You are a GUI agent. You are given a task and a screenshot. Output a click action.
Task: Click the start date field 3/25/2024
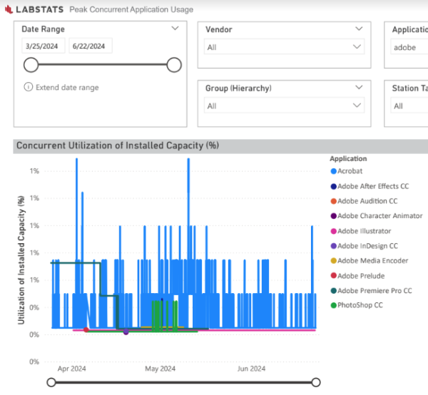44,46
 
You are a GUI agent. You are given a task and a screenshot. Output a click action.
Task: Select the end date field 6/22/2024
91,46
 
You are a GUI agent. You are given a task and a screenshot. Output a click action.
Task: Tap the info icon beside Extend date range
29,88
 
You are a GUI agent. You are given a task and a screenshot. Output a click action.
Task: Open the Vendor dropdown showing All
284,47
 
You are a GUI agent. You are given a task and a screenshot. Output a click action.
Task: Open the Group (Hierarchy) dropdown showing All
284,106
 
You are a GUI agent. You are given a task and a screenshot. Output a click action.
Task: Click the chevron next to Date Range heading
175,29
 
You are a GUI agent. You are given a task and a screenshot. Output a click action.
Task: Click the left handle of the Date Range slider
31,66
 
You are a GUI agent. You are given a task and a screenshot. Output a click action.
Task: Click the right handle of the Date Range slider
173,66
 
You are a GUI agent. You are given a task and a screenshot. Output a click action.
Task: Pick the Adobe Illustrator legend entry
364,231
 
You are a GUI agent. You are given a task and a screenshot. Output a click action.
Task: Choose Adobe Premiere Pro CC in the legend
374,291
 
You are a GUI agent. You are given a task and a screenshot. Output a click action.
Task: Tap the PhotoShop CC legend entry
360,305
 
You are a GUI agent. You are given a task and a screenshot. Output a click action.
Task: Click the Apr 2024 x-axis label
71,369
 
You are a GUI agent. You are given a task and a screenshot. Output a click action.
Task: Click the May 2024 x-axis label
160,369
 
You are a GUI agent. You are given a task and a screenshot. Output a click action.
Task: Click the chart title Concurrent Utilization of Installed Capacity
117,145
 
